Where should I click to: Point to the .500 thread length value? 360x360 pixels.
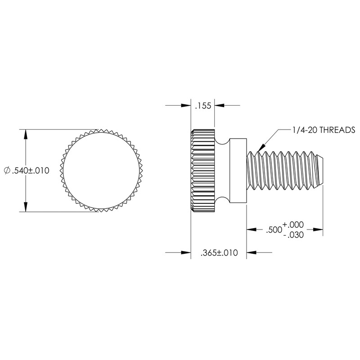(272, 229)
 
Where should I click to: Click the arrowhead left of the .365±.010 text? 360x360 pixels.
(186, 253)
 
